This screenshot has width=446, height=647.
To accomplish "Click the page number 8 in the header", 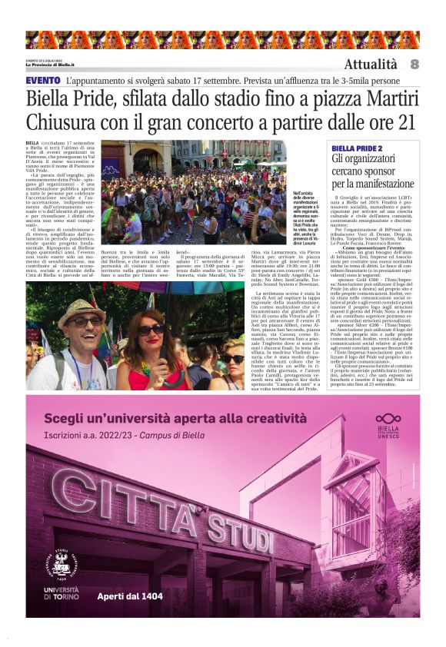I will [x=414, y=64].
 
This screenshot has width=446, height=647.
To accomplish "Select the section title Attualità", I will [x=371, y=65].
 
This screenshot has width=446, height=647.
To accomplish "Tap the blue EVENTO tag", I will [x=43, y=80].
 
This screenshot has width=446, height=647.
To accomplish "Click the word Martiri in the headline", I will [x=388, y=98].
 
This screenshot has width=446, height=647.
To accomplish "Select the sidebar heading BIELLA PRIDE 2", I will [x=356, y=148].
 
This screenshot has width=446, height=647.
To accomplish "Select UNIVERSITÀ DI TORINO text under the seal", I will [x=62, y=593].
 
